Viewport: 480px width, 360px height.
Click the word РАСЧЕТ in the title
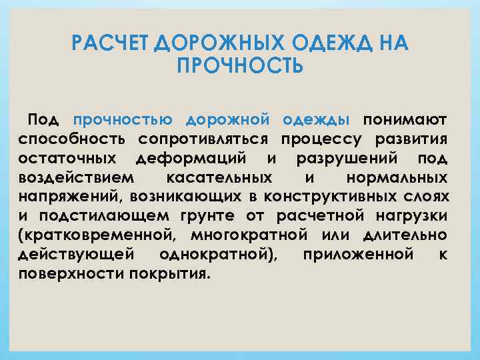[110, 45]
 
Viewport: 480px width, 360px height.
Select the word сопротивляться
[204, 139]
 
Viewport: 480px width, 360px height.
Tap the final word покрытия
[170, 275]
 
